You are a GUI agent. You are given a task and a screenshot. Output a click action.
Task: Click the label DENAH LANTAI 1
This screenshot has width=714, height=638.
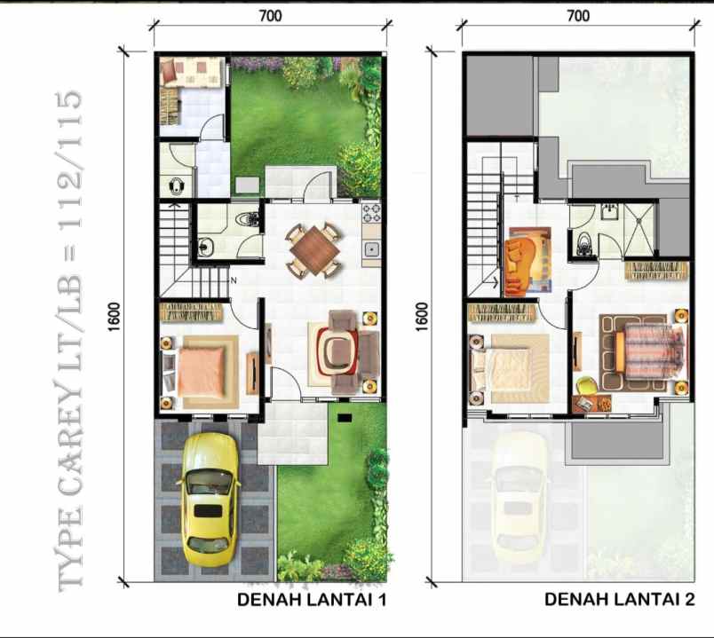[x=312, y=601]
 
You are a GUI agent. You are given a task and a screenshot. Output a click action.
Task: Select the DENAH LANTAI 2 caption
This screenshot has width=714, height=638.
[x=618, y=601]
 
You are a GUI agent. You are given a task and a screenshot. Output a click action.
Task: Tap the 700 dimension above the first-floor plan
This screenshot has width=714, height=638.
[x=272, y=16]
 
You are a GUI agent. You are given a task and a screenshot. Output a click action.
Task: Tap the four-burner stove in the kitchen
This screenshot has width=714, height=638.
[x=371, y=214]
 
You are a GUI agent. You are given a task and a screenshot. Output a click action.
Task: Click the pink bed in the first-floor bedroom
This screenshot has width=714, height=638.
[x=203, y=371]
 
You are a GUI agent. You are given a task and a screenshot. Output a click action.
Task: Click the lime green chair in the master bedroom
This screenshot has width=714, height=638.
[x=586, y=385]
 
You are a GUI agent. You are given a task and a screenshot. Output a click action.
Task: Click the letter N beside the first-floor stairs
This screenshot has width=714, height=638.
[x=233, y=281]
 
